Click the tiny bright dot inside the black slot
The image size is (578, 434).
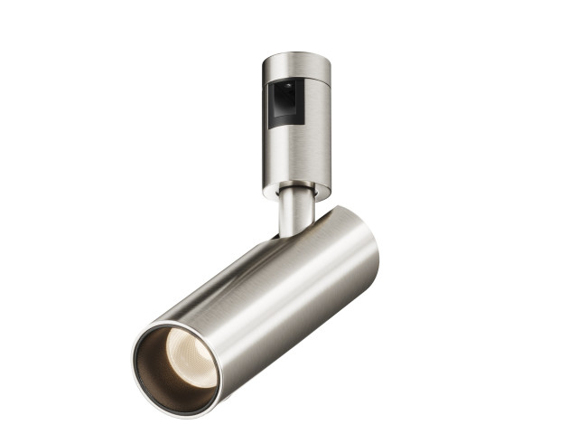(287, 88)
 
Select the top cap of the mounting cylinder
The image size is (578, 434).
(297, 62)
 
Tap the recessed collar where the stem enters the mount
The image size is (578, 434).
(294, 191)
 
